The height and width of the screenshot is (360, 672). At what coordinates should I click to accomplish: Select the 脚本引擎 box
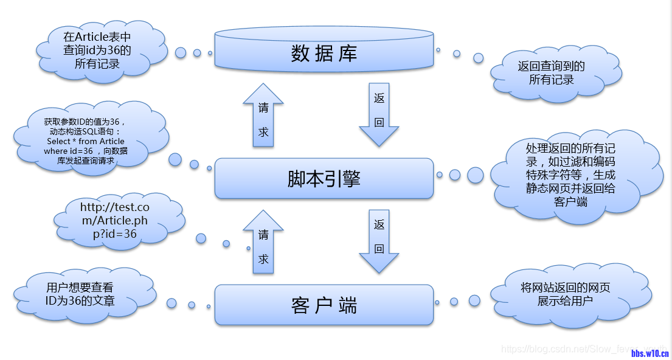[x=324, y=179]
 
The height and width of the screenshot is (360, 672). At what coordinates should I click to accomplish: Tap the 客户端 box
[x=324, y=305]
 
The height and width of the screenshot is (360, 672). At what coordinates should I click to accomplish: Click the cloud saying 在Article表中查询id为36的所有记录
[x=97, y=50]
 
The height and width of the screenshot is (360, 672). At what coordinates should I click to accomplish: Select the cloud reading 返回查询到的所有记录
[x=551, y=73]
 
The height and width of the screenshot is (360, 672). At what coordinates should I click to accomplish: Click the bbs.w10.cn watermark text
[x=649, y=353]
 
